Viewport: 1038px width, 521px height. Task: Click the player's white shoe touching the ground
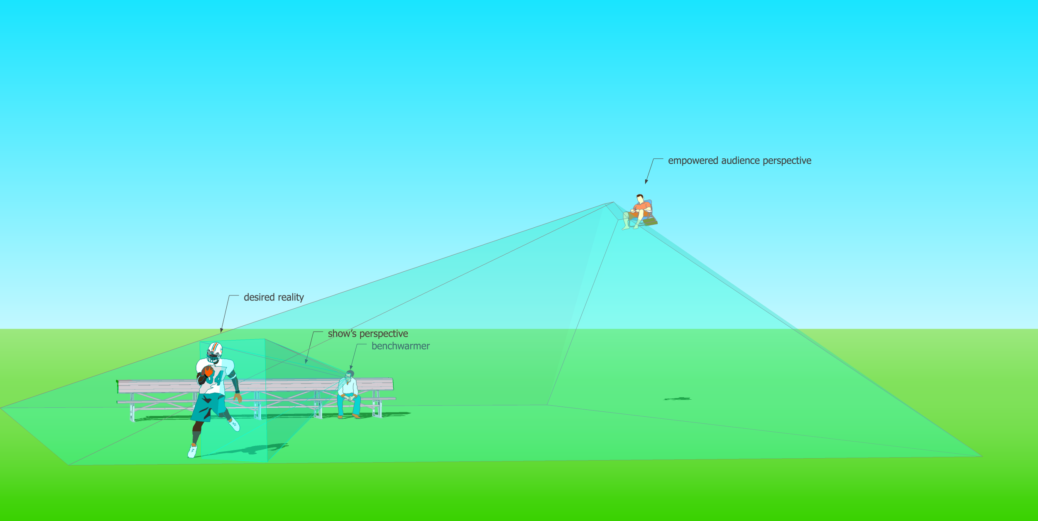point(192,452)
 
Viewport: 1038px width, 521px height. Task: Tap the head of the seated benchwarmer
point(350,374)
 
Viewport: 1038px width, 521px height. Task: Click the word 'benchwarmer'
point(400,346)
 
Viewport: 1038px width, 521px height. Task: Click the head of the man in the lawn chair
point(640,198)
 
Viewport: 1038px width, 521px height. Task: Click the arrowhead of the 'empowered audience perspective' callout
point(646,182)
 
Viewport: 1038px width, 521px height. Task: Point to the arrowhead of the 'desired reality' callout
point(221,331)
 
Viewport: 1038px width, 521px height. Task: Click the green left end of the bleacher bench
point(118,386)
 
